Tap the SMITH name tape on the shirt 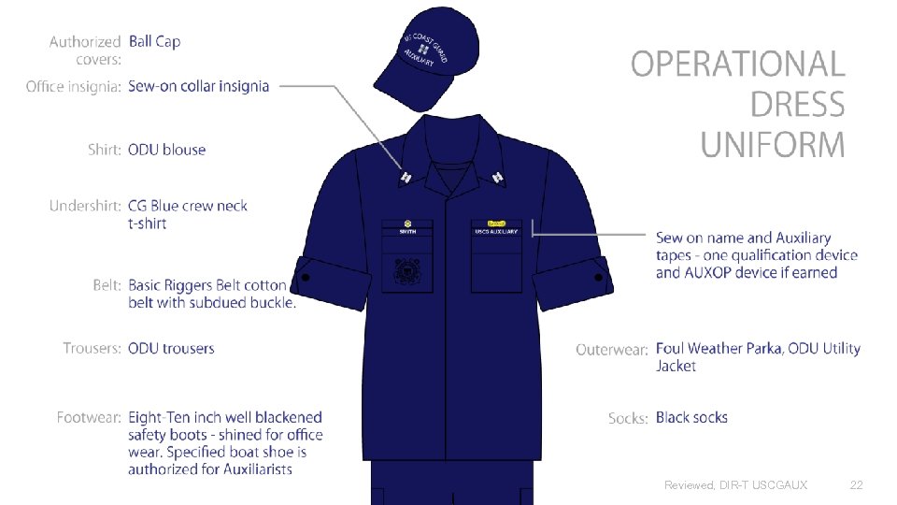point(408,231)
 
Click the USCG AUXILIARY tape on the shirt point(496,231)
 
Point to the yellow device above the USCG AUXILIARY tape point(496,224)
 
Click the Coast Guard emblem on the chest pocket point(407,274)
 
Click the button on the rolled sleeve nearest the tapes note point(599,277)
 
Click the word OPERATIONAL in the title point(738,64)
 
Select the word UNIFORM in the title point(773,145)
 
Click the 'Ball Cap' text point(155,41)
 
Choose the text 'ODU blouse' point(166,150)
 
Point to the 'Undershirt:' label point(85,206)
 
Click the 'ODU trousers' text point(171,348)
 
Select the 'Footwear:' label point(89,417)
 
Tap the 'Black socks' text point(691,417)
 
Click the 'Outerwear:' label point(612,349)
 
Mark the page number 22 point(857,484)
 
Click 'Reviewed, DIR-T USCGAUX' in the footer point(735,484)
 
